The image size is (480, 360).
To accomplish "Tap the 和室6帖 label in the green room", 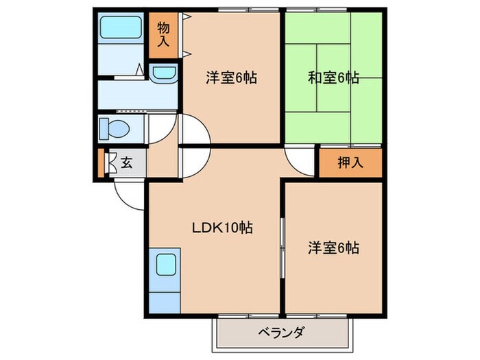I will (x=333, y=78).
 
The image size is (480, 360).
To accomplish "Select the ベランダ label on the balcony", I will (x=280, y=333).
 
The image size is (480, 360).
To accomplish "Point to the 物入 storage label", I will (x=163, y=34).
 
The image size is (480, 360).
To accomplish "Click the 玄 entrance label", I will (x=127, y=163).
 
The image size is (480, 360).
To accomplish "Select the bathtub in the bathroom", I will (x=120, y=29).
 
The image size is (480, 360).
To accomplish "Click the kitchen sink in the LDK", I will (x=164, y=263).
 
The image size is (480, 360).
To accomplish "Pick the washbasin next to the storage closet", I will (x=163, y=73).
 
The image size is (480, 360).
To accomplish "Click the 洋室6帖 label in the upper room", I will (x=231, y=78).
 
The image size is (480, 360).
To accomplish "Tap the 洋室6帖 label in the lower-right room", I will (x=333, y=247).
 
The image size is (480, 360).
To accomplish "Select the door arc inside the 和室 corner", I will (x=300, y=163).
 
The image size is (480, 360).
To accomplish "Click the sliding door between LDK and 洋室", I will (x=280, y=247).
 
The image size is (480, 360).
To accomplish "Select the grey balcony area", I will (x=281, y=334).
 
